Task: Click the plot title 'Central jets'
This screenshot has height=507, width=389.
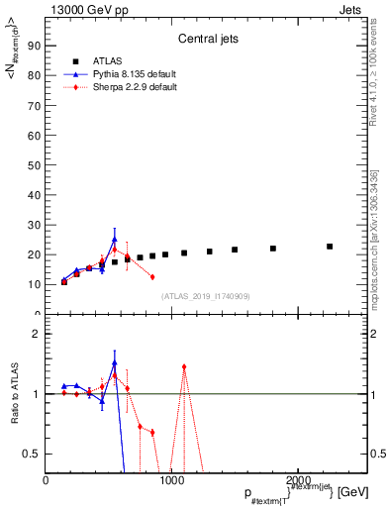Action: click(x=205, y=41)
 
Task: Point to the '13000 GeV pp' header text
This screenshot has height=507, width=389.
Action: click(x=83, y=8)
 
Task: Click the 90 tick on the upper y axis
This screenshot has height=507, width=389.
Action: click(x=33, y=45)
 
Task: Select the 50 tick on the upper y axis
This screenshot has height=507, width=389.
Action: click(x=33, y=164)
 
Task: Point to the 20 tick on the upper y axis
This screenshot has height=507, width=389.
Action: click(x=33, y=254)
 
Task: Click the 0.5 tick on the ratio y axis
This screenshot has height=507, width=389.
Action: click(x=31, y=454)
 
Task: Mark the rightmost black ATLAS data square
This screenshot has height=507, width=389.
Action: click(x=330, y=247)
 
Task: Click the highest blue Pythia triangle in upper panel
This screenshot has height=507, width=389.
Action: click(x=115, y=239)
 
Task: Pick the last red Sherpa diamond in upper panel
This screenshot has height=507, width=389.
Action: click(x=152, y=276)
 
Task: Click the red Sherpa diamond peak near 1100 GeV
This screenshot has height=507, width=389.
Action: click(x=184, y=366)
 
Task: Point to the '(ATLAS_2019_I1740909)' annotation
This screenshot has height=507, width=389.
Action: click(x=205, y=295)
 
